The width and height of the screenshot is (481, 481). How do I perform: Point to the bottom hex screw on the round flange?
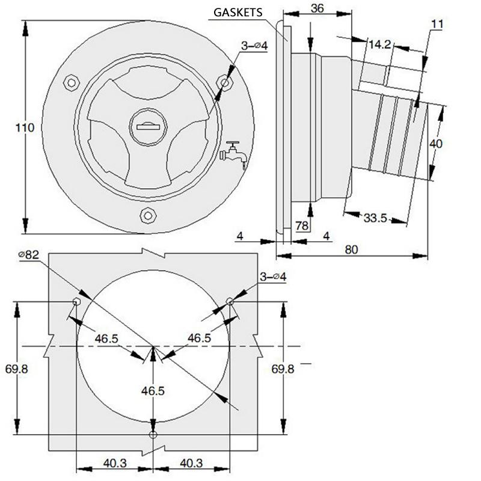click(147, 215)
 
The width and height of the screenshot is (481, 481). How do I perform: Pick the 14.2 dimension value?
click(380, 44)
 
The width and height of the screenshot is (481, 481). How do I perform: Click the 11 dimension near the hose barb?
click(437, 24)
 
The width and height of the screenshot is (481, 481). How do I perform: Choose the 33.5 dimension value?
click(375, 217)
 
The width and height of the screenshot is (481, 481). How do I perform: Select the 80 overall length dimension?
click(351, 249)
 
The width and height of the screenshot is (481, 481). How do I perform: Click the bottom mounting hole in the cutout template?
click(153, 434)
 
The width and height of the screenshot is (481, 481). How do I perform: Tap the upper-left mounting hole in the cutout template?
click(76, 301)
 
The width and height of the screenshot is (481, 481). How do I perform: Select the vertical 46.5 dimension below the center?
click(153, 391)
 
